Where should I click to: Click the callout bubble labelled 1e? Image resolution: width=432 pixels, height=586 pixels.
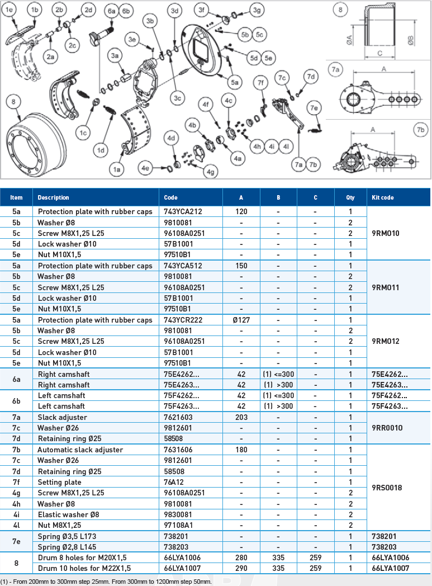click(11, 10)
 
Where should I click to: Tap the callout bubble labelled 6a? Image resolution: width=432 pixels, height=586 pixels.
click(111, 11)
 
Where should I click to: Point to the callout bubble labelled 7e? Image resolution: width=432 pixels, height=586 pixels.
click(315, 107)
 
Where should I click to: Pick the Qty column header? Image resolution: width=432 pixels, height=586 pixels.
click(350, 197)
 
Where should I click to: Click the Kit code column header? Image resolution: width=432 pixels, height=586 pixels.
click(383, 197)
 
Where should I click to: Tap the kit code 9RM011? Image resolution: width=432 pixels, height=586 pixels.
click(386, 287)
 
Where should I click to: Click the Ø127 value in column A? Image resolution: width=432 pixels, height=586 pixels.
click(241, 320)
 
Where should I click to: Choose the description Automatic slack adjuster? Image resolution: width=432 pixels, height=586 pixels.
click(80, 450)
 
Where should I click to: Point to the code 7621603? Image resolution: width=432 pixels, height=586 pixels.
click(178, 417)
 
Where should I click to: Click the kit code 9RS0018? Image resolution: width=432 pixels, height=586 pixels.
click(387, 488)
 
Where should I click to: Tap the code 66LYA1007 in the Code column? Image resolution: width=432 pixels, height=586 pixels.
click(182, 568)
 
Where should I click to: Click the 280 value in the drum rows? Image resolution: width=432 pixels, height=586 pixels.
click(241, 557)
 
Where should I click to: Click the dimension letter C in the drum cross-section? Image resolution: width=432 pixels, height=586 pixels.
click(379, 53)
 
